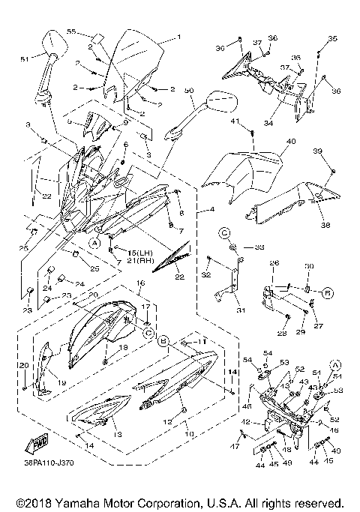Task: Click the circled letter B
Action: coord(161,340)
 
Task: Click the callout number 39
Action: coord(317,151)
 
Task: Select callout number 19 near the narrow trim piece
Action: coord(61,382)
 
